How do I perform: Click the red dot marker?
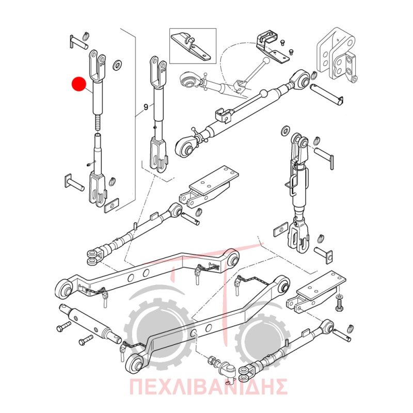[x=79, y=84]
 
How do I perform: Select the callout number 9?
[x=146, y=107]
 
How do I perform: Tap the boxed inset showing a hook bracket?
[x=193, y=46]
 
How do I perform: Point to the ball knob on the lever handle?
[x=266, y=61]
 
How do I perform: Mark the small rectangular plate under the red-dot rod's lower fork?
[x=112, y=205]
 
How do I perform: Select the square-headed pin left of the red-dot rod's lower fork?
[x=74, y=183]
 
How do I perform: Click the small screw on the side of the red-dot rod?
[x=89, y=165]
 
